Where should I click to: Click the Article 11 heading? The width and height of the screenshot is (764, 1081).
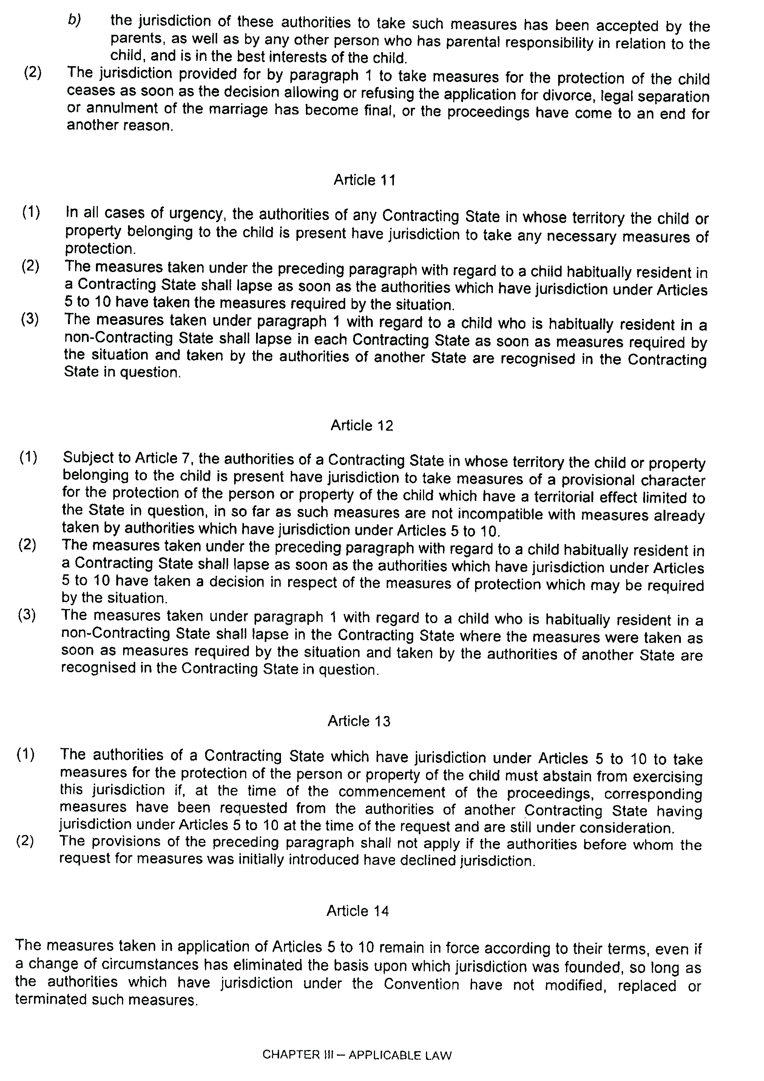[364, 180]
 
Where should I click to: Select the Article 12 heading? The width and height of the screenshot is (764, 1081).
[361, 425]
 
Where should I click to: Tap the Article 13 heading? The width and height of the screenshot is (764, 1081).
[359, 721]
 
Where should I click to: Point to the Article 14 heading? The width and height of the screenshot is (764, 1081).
[358, 911]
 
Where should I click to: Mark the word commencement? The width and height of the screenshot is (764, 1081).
[392, 792]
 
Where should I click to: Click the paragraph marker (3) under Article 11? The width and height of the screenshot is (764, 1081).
[30, 319]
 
